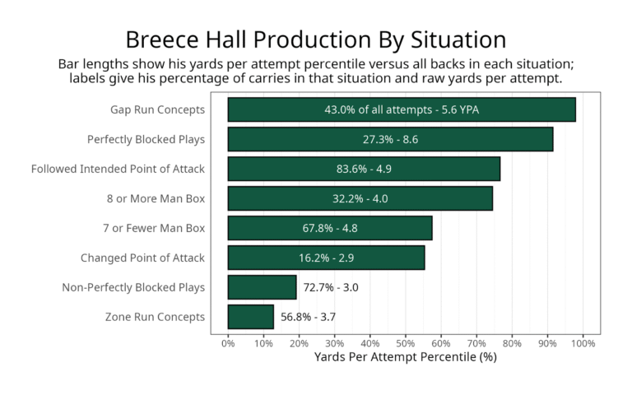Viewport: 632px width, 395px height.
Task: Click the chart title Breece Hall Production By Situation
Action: [315, 39]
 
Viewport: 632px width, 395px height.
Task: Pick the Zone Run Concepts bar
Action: [250, 317]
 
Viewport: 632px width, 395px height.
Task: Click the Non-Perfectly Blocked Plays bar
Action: [262, 287]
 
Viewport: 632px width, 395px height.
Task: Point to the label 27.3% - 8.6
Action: [390, 139]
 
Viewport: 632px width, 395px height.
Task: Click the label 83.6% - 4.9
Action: [364, 169]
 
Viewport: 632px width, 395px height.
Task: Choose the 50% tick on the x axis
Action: [406, 342]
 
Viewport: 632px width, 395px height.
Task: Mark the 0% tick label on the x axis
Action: [228, 342]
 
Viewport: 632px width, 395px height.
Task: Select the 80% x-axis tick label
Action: [512, 342]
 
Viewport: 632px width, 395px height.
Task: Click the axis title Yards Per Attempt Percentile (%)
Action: [406, 358]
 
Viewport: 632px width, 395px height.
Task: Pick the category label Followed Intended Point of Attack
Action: [118, 169]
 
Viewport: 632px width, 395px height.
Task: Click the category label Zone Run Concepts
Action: [155, 317]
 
